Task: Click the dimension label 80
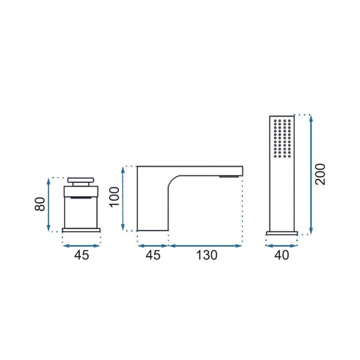pos(40,204)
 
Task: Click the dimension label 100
pos(114,197)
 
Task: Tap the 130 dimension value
pos(206,255)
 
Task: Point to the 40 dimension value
pos(282,255)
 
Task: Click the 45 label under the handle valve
pos(81,255)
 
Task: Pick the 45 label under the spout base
pos(153,255)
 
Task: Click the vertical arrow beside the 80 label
pos(49,205)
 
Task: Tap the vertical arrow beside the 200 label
pos(311,175)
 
